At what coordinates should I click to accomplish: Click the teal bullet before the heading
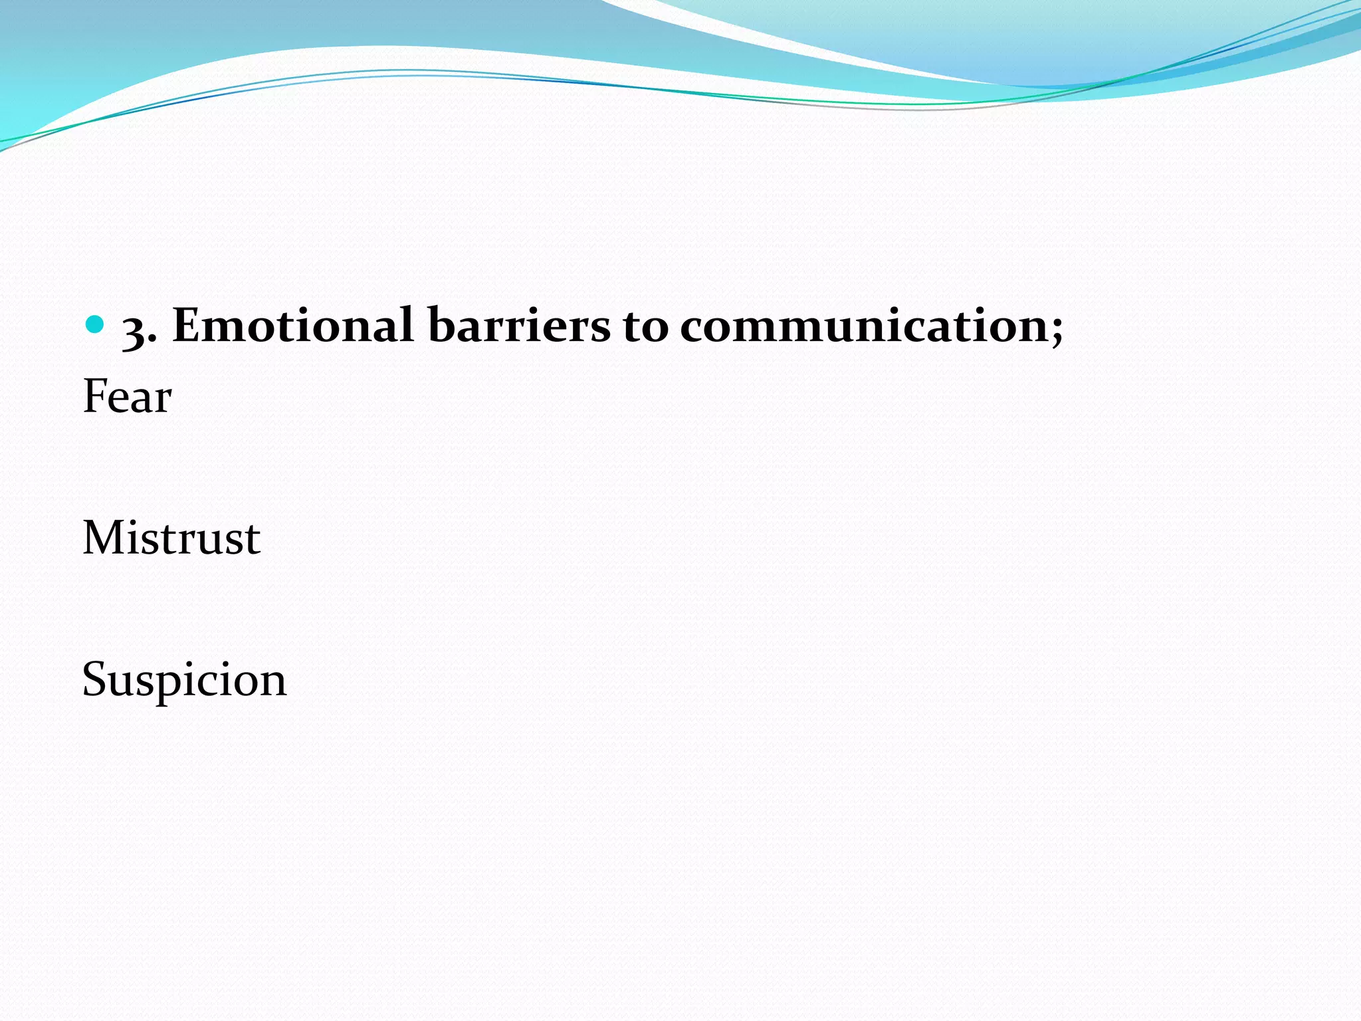pos(96,324)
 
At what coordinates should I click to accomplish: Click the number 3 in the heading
pos(135,330)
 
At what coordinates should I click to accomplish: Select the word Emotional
pos(293,326)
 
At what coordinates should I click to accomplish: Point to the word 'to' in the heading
pos(645,327)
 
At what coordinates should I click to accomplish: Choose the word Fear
pos(127,397)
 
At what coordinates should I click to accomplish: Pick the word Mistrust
pos(171,538)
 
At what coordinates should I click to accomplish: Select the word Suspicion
pos(184,680)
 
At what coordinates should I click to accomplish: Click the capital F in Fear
pos(95,396)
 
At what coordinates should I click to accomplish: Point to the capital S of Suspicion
pos(96,679)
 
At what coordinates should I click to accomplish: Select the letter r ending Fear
pos(163,401)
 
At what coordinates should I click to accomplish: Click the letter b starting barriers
pos(441,324)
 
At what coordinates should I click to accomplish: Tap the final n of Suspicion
pos(274,683)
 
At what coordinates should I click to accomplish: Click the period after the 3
pos(153,341)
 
